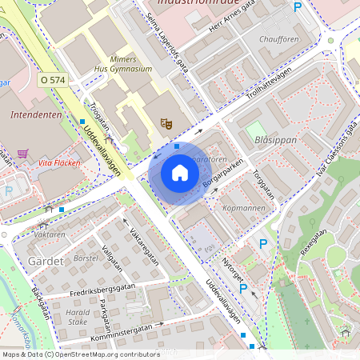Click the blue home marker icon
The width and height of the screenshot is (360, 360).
(x=180, y=173)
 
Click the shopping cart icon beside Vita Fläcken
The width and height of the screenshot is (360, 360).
(x=22, y=153)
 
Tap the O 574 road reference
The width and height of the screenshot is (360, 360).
(x=53, y=80)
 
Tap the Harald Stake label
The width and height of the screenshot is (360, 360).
(x=78, y=317)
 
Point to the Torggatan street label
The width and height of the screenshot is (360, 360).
(x=264, y=182)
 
